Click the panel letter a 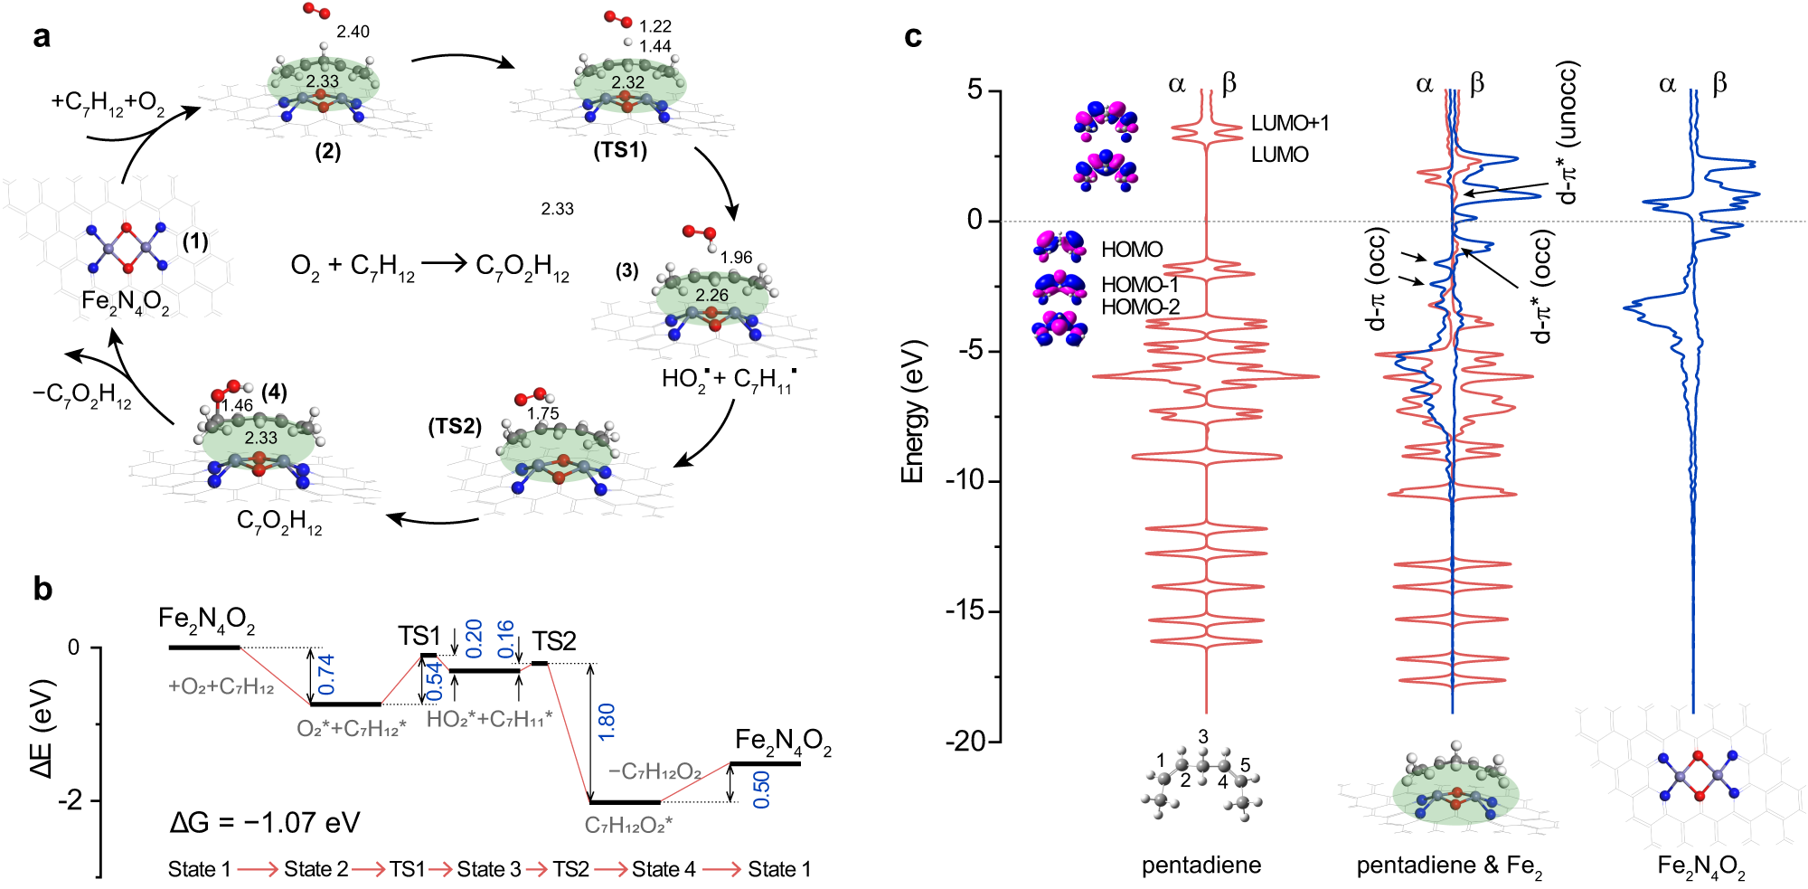coord(42,37)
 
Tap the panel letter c coord(913,37)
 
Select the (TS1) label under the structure coord(620,149)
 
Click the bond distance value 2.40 coord(353,32)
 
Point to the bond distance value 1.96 coord(736,258)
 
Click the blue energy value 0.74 coord(326,675)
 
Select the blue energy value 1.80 coord(607,722)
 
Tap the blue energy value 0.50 coord(761,789)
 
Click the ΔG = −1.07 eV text coord(265,822)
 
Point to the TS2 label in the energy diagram coord(554,641)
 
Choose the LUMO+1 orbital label coord(1289,123)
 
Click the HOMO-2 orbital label coord(1140,307)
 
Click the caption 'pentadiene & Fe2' coord(1449,866)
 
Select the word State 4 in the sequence coord(664,869)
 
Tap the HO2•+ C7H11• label coord(729,379)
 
